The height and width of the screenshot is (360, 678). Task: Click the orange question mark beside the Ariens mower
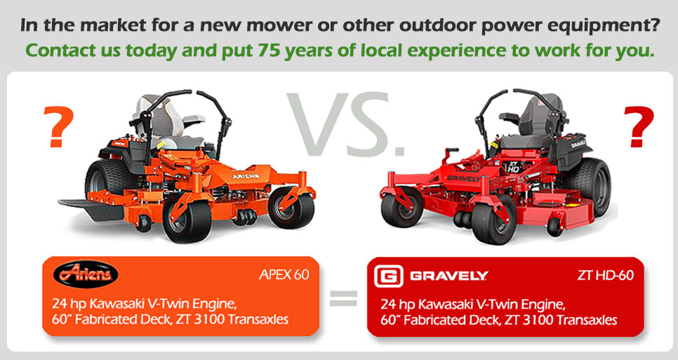click(x=59, y=128)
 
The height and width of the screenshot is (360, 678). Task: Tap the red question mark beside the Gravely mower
click(x=639, y=126)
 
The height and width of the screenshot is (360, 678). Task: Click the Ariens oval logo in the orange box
click(x=86, y=273)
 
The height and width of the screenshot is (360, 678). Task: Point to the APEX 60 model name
click(x=284, y=275)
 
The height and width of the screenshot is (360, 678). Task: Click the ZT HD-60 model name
click(x=605, y=275)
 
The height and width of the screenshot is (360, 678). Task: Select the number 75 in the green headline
click(x=267, y=51)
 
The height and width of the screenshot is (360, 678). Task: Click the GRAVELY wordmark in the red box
click(x=448, y=276)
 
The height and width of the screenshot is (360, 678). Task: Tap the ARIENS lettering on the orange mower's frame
click(x=246, y=176)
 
